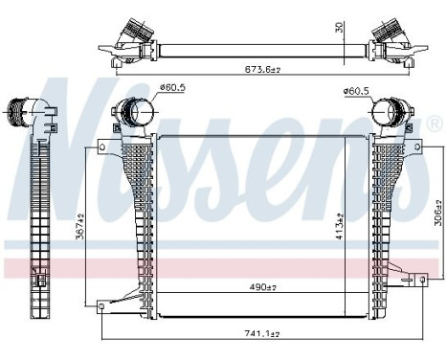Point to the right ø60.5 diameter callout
[x=356, y=92]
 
